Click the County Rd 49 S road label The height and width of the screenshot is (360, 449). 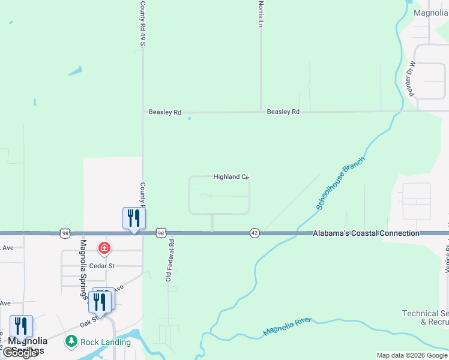click(143, 23)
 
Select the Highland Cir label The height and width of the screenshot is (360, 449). click(231, 177)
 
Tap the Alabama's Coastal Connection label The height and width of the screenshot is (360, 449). click(366, 233)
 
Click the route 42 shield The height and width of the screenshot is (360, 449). click(255, 233)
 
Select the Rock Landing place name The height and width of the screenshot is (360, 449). click(106, 342)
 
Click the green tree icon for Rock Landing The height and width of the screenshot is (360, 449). click(72, 341)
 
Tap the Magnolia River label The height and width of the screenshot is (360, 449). click(287, 328)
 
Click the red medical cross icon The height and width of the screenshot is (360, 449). click(104, 248)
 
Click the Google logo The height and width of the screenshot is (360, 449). click(20, 353)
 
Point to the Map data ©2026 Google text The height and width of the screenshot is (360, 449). click(411, 355)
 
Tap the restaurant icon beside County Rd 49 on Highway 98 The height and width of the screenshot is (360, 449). click(134, 218)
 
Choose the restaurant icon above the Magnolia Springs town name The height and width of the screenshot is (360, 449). click(21, 327)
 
